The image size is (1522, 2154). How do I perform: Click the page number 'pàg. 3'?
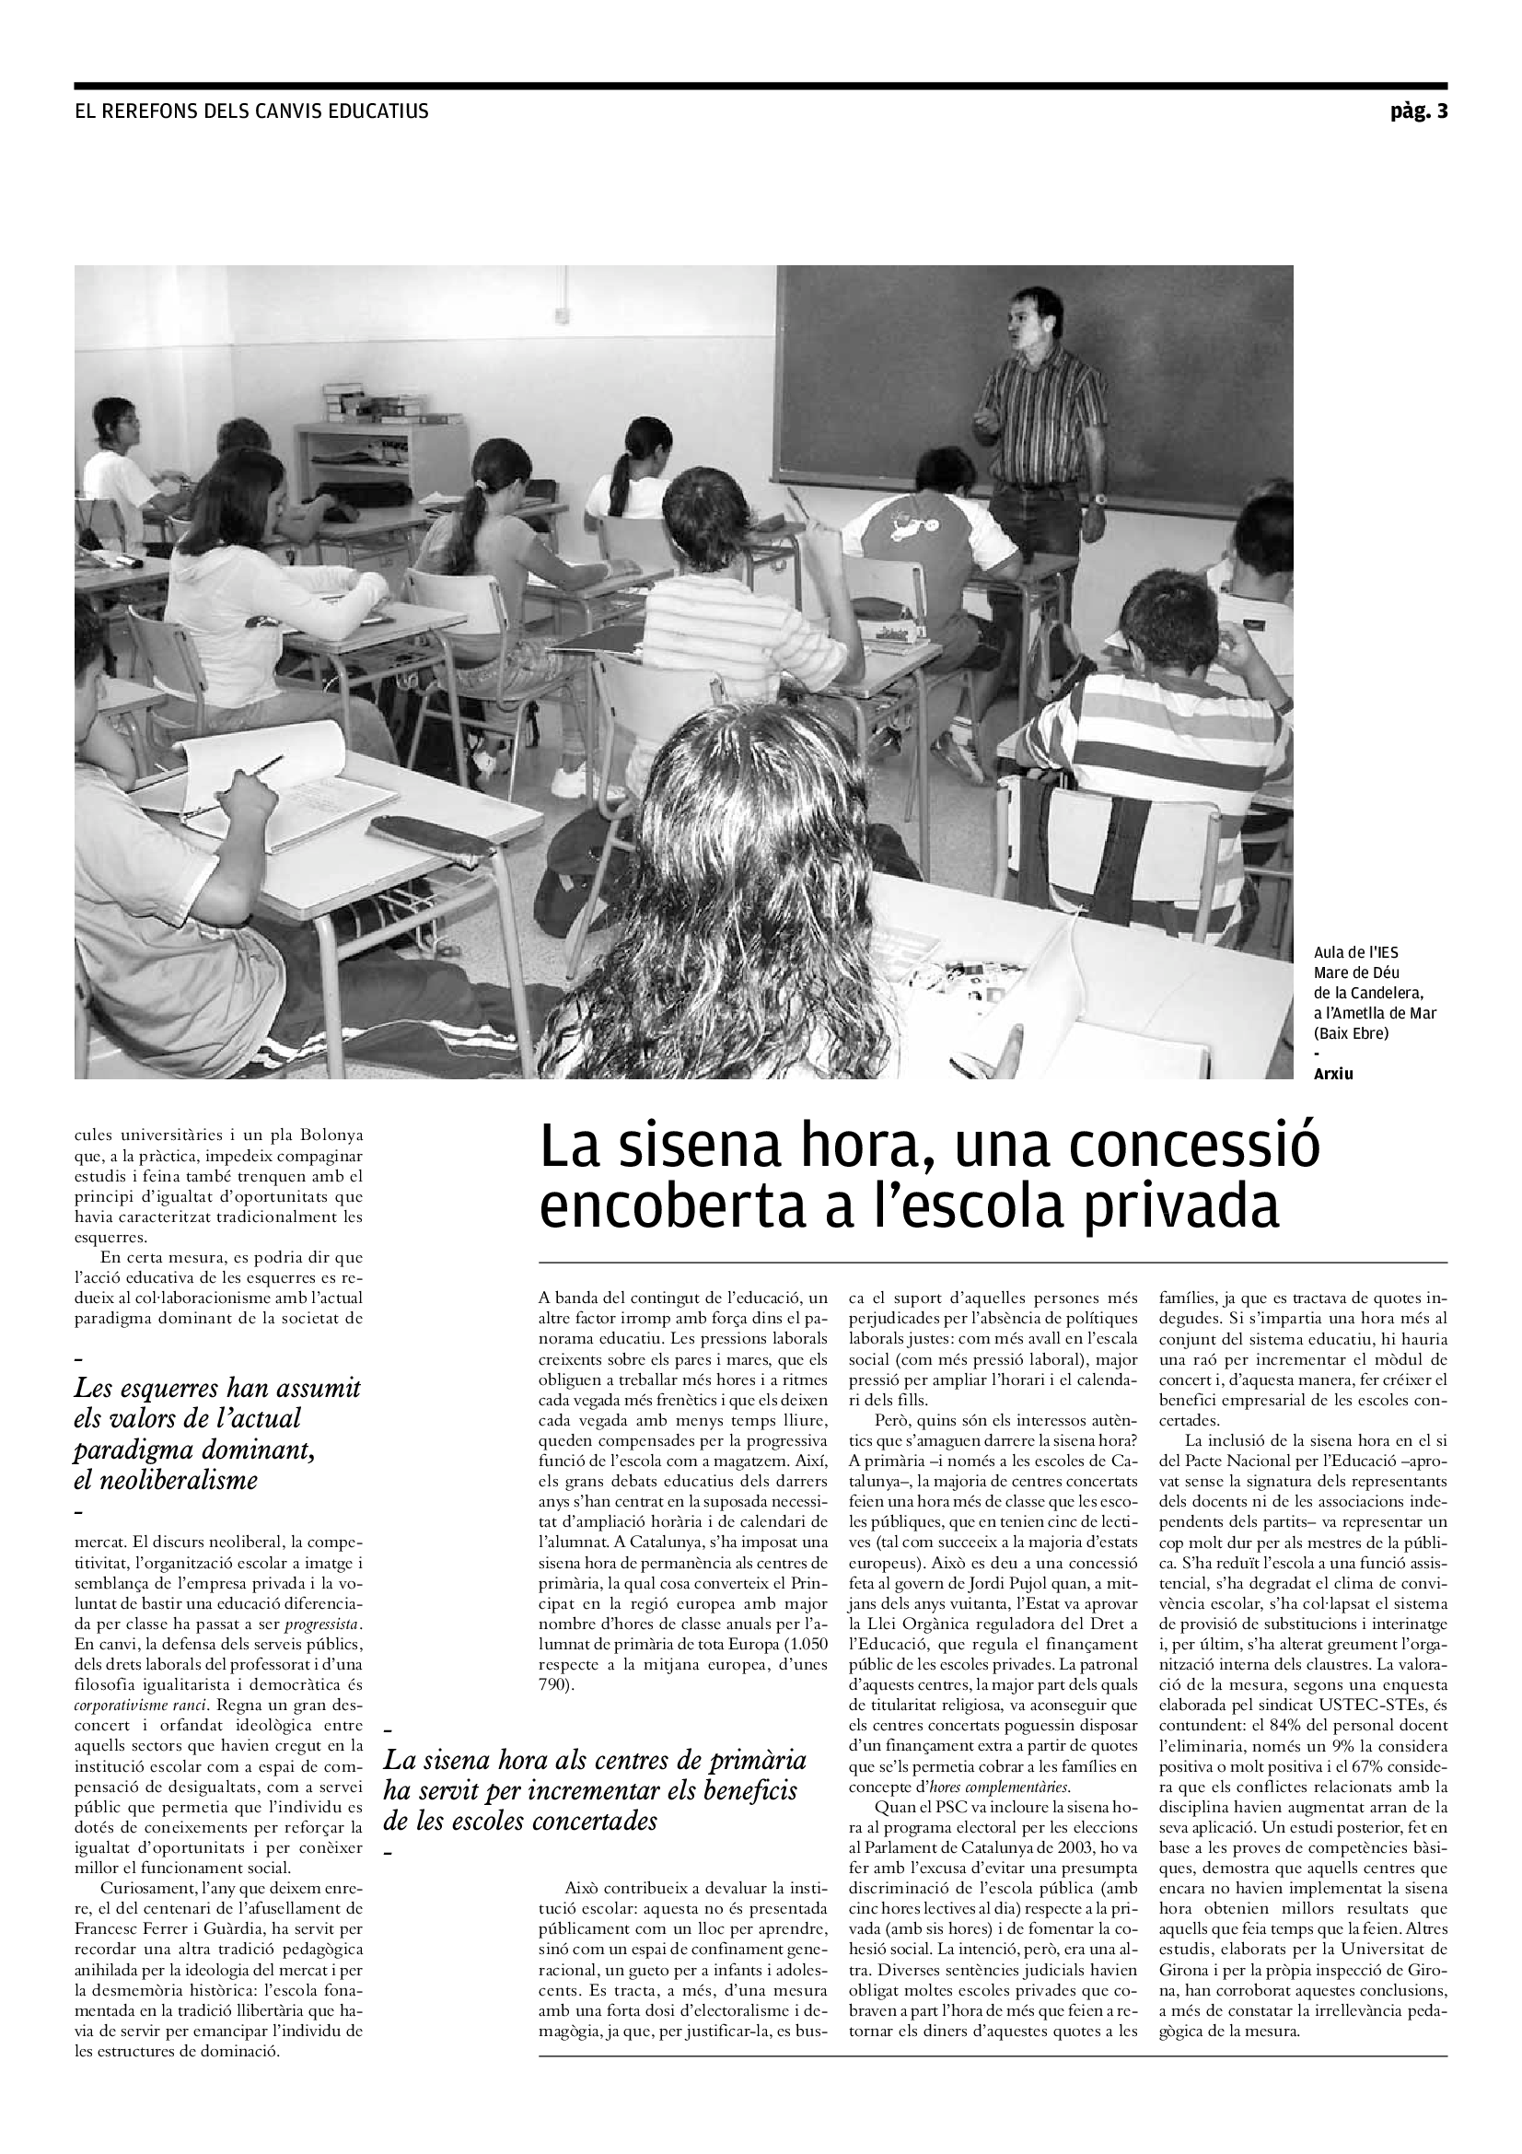click(1419, 111)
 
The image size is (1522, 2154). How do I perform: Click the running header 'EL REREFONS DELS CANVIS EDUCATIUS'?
click(251, 111)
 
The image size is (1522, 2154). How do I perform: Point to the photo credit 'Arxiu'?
click(1333, 1074)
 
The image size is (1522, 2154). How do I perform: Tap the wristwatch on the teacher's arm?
click(1098, 500)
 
